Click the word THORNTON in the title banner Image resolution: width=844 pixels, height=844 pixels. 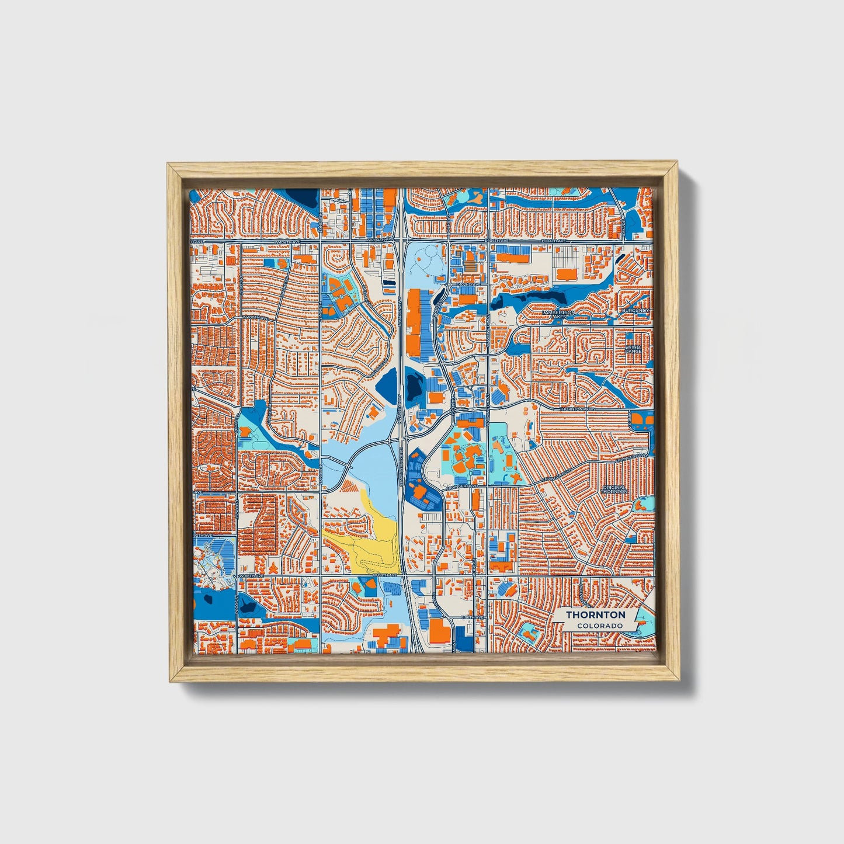595,614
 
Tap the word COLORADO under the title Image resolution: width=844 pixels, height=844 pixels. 599,626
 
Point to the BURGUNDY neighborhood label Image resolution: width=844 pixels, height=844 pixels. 635,310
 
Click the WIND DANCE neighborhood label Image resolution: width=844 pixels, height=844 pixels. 634,349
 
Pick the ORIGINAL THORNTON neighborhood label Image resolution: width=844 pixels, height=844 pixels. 613,489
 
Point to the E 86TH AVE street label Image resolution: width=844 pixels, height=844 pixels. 472,617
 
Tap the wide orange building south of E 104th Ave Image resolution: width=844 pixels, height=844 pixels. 566,273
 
